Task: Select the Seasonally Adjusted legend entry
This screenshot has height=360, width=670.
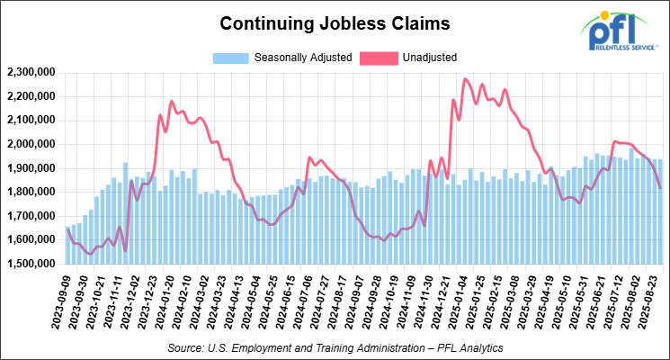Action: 280,58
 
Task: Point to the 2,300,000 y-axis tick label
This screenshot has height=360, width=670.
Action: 29,72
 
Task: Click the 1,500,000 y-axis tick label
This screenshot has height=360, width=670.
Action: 29,264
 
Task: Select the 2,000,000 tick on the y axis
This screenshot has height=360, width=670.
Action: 29,144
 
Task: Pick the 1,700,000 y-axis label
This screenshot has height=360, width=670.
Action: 29,216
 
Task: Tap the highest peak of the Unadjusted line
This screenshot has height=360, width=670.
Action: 465,79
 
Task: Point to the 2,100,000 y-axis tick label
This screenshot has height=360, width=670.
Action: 29,120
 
